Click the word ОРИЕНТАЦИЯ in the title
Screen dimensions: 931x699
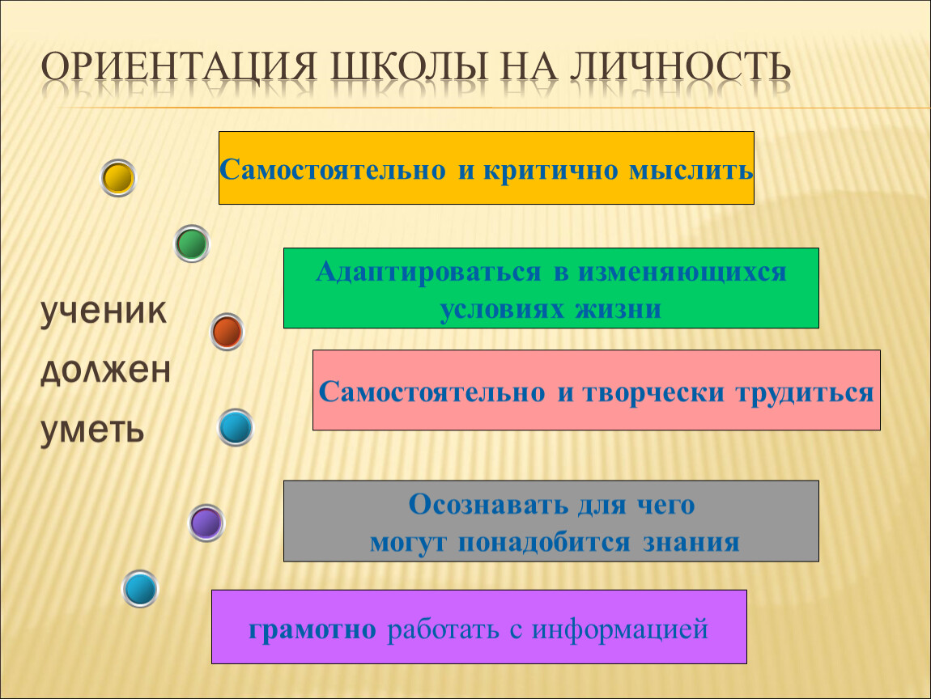pyautogui.click(x=179, y=66)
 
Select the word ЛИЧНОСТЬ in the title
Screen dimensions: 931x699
pyautogui.click(x=680, y=66)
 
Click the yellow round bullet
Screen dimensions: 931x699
pyautogui.click(x=118, y=177)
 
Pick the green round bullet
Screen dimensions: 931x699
pyautogui.click(x=192, y=244)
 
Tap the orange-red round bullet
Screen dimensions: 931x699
pyautogui.click(x=227, y=331)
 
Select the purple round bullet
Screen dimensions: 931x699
pyautogui.click(x=206, y=523)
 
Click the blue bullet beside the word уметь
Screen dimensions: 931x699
pyautogui.click(x=236, y=427)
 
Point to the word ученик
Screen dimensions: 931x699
pyautogui.click(x=104, y=311)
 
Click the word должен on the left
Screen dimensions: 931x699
pyautogui.click(x=106, y=371)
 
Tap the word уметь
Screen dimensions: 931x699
pyautogui.click(x=92, y=429)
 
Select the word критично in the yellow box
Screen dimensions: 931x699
pyautogui.click(x=551, y=170)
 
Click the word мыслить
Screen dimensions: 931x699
pyautogui.click(x=691, y=170)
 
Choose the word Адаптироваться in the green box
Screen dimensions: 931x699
pyautogui.click(x=429, y=272)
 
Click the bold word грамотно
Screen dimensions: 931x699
pyautogui.click(x=312, y=629)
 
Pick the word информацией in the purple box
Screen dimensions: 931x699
pyautogui.click(x=620, y=629)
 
